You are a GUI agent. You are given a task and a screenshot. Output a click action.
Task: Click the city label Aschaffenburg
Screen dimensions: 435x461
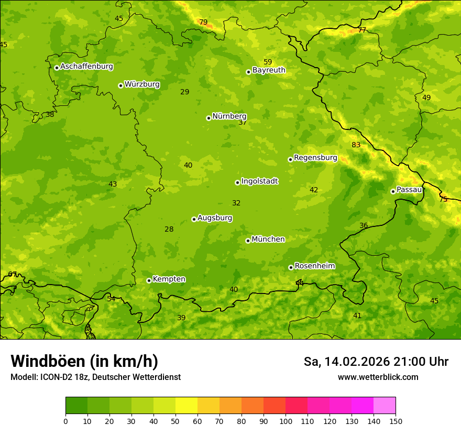click(86, 67)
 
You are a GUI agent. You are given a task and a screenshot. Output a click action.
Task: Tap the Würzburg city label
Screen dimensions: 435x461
click(142, 84)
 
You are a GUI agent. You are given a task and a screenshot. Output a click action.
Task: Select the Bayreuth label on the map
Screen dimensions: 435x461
click(269, 70)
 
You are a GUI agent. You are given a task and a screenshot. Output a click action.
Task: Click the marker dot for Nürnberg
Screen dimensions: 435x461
click(208, 118)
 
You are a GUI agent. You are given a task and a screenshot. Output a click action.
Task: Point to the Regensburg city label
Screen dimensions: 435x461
click(315, 158)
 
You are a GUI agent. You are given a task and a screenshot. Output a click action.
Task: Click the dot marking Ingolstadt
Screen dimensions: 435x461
click(237, 182)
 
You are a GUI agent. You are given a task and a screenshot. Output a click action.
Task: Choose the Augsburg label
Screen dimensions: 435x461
click(215, 218)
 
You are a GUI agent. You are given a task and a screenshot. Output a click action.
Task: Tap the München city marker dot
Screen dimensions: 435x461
click(248, 241)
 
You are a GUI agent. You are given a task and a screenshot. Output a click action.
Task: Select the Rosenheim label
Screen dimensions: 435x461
click(314, 266)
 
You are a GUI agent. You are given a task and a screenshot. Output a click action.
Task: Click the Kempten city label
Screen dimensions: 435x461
click(169, 279)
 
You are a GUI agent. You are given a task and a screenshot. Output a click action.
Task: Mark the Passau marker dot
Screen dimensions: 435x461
click(393, 191)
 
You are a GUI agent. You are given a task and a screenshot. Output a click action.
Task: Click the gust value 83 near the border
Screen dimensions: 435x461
click(356, 145)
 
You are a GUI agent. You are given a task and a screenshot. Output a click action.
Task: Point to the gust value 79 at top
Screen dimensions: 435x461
click(203, 22)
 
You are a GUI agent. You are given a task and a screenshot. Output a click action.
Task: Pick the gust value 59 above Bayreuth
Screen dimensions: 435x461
click(268, 62)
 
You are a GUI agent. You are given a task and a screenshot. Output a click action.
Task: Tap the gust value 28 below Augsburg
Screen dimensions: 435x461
click(169, 230)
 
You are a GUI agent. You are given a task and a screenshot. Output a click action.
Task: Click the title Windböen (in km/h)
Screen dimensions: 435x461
click(84, 361)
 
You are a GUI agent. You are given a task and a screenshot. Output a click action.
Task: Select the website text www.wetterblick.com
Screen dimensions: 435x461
click(378, 377)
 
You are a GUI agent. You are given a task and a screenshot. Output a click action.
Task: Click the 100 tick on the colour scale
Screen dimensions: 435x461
click(286, 421)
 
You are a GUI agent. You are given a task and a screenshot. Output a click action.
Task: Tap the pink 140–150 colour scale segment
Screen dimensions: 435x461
click(385, 406)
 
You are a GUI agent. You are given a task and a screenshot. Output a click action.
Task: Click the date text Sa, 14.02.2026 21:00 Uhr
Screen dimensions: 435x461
click(376, 362)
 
